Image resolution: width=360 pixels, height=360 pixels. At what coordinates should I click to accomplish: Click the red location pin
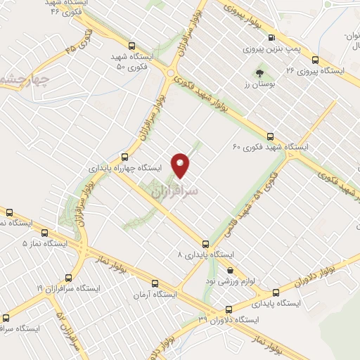pyautogui.click(x=181, y=165)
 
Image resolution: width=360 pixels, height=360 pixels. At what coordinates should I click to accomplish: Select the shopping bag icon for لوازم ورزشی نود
pyautogui.click(x=230, y=269)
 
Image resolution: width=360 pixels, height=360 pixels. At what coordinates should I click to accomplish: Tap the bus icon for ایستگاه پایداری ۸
pyautogui.click(x=205, y=243)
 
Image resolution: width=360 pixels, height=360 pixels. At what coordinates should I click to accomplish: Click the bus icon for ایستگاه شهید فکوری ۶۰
pyautogui.click(x=271, y=136)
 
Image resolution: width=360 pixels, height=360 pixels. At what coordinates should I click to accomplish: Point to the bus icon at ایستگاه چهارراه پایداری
pyautogui.click(x=124, y=157)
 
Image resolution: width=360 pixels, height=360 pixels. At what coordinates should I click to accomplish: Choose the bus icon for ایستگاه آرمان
pyautogui.click(x=155, y=284)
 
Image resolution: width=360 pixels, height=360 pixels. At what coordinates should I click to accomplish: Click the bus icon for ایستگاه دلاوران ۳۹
pyautogui.click(x=228, y=309)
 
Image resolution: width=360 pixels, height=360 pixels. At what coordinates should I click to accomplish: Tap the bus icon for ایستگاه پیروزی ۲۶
pyautogui.click(x=315, y=60)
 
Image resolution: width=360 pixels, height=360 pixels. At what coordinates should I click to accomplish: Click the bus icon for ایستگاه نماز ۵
pyautogui.click(x=46, y=232)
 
